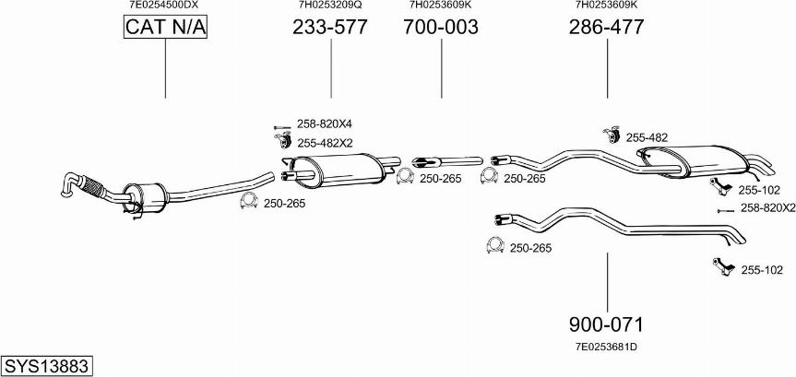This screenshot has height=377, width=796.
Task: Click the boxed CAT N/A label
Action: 166,29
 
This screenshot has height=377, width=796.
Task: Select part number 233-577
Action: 329,28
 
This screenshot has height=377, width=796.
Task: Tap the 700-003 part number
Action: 440,28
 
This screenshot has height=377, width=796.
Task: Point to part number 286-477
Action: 606,28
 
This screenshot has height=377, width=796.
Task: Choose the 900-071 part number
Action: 606,324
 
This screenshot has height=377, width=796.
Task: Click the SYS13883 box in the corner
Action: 46,366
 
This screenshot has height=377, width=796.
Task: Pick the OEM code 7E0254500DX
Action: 163,6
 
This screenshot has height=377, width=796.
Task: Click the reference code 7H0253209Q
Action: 329,6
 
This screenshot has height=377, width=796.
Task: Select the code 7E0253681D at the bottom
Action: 606,347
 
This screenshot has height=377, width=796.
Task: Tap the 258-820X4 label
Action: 325,124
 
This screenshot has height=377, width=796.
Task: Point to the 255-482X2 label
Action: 325,143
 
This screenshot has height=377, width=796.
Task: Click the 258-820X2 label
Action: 767,208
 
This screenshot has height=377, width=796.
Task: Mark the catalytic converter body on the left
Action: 147,196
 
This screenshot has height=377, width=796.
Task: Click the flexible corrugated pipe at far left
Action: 93,187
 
